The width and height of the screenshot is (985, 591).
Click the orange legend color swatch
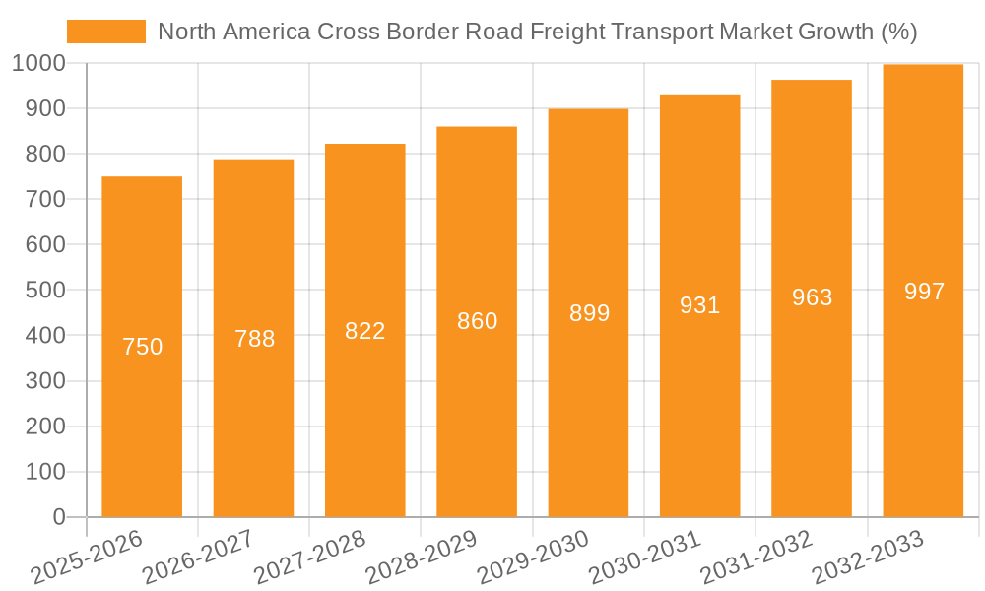[x=105, y=32]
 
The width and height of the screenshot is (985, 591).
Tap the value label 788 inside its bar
[x=254, y=339]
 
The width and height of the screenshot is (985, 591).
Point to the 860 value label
[x=477, y=321]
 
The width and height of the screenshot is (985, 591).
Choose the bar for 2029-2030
[x=588, y=394]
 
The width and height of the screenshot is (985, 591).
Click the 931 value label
[x=699, y=305]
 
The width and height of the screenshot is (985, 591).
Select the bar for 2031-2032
[x=812, y=394]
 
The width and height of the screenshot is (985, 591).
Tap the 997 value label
[x=923, y=292]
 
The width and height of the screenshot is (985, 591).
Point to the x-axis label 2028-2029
[x=422, y=558]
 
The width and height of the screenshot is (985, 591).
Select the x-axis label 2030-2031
[x=645, y=558]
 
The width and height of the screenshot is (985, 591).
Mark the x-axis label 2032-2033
[x=868, y=558]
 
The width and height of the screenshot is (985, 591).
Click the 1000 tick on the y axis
[x=39, y=63]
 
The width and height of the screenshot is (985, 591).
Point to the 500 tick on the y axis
[x=45, y=291]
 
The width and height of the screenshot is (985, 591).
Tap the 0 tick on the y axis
[x=59, y=517]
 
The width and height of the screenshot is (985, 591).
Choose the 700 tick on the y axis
[x=45, y=199]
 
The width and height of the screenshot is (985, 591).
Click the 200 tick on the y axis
[x=45, y=427]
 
